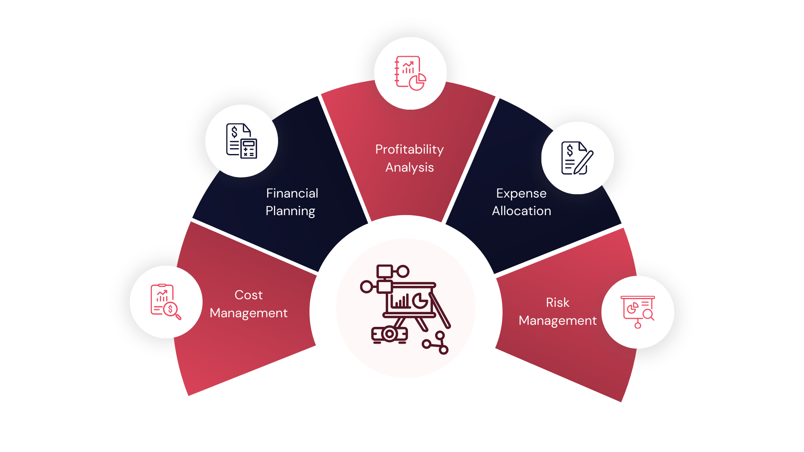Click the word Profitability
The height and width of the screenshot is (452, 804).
point(409,149)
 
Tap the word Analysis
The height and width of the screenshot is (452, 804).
point(409,167)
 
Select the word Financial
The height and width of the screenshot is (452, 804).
point(292,193)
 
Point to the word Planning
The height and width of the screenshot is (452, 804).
point(290,211)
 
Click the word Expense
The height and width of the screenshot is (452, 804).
point(521,193)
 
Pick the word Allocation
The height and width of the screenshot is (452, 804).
point(521,211)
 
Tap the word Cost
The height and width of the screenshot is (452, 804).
point(248,295)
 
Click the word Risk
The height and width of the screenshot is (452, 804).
point(557,303)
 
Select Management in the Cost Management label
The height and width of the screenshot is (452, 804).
point(248,313)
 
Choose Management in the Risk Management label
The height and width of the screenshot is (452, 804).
point(557,321)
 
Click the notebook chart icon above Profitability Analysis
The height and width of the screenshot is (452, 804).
point(410,73)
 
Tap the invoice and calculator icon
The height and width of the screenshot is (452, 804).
point(242,141)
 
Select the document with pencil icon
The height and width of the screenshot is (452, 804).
point(577,158)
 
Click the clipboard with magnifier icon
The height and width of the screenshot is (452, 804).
point(166,302)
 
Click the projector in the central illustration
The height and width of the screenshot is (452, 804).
point(389,334)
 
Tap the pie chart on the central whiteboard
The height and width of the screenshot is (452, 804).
point(420,300)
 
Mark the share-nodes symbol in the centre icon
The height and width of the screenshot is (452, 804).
point(436,343)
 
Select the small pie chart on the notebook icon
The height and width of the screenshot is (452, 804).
point(417,82)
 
